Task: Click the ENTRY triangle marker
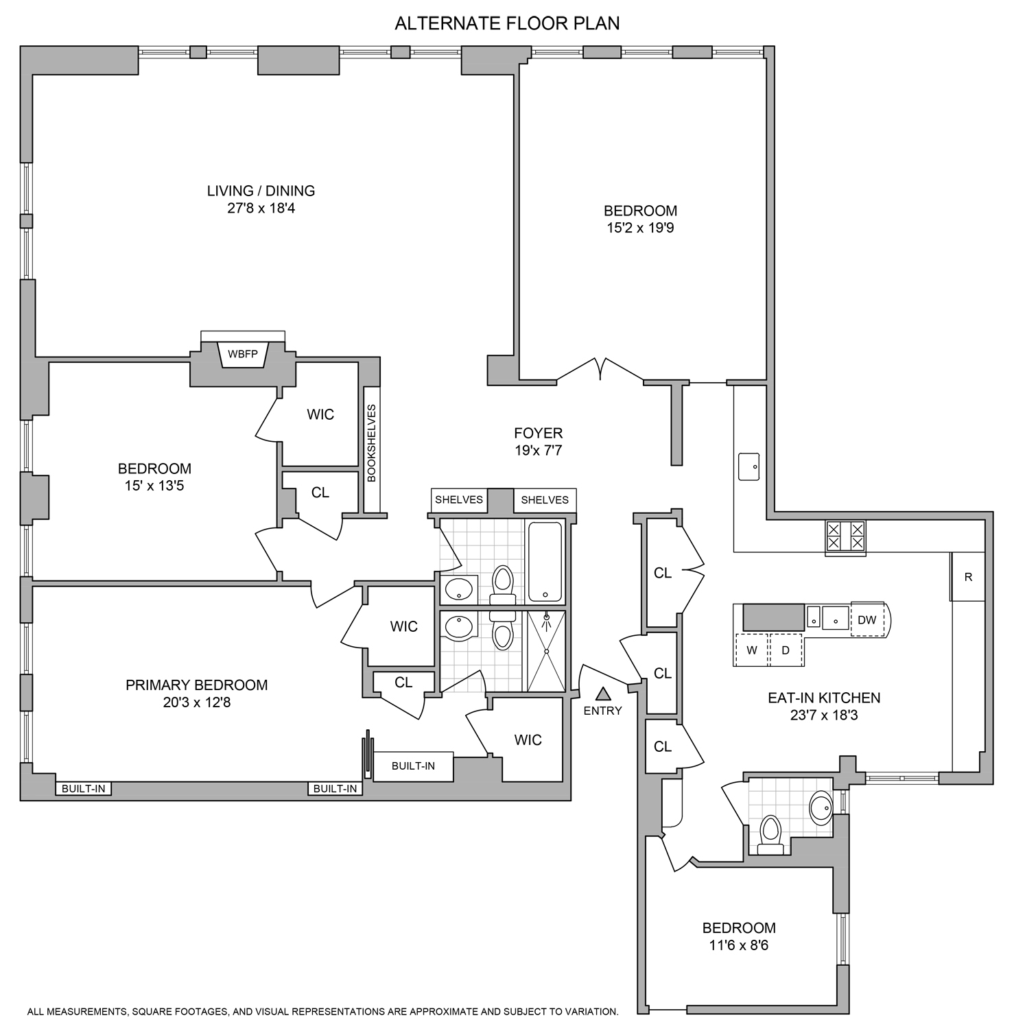pos(602,694)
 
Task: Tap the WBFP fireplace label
pos(242,354)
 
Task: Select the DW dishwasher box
pos(867,619)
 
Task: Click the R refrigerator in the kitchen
pos(968,577)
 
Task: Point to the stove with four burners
pos(845,536)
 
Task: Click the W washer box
pos(752,650)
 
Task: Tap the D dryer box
pos(786,650)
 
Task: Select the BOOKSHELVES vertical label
pos(372,443)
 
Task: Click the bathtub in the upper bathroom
pos(545,561)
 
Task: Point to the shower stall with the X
pos(546,651)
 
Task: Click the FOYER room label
pos(538,433)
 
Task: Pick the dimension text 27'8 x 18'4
pos(261,209)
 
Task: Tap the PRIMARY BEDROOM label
pos(196,685)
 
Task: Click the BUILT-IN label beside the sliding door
pos(413,766)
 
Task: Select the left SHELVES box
pos(458,499)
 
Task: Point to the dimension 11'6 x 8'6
pos(738,945)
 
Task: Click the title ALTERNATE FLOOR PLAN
pos(507,23)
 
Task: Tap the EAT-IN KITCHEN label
pos(823,698)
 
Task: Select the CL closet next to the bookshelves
pos(320,493)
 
